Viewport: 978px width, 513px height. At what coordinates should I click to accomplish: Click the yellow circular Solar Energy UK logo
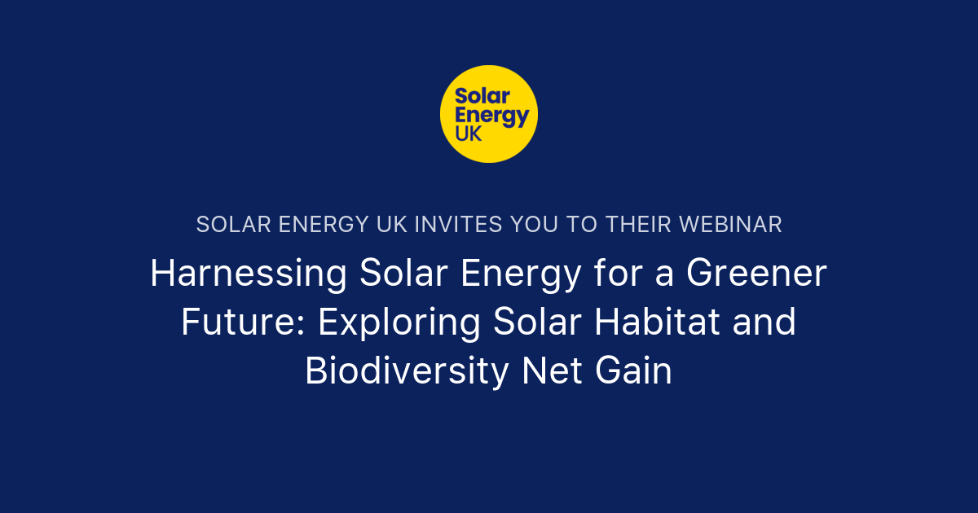pos(489,113)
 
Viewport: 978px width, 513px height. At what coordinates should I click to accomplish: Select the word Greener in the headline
pos(756,274)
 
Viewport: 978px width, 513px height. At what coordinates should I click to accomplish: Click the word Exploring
pos(399,323)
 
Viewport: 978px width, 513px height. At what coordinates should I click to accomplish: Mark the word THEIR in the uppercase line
pos(633,225)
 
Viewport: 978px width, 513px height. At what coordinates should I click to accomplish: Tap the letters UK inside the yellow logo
pos(469,134)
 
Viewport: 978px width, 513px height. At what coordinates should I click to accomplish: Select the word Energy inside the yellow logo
pos(491,115)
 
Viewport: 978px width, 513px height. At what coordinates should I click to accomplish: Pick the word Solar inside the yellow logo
pos(481,94)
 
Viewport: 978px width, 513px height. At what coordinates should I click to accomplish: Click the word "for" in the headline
pos(608,274)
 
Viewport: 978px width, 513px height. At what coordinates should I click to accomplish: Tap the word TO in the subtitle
pos(581,225)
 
